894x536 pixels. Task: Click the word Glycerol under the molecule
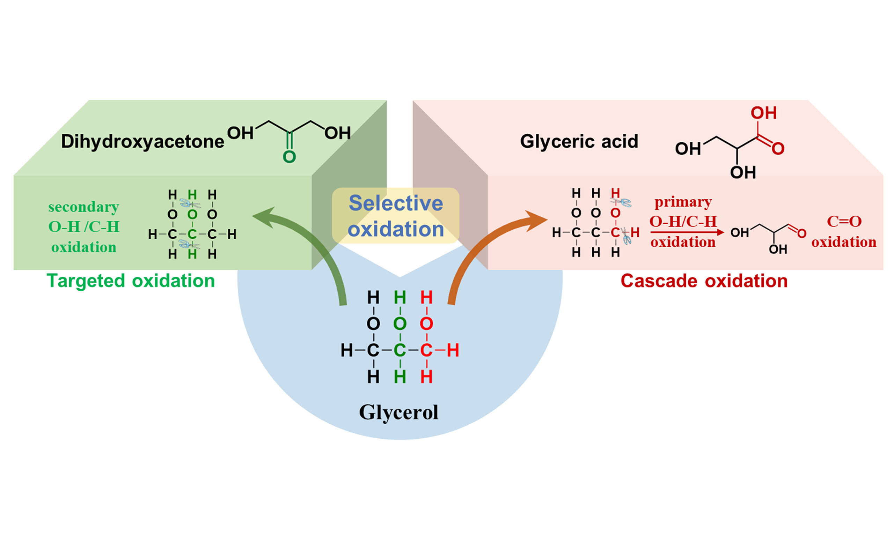click(398, 412)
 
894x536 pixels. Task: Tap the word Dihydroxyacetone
click(142, 141)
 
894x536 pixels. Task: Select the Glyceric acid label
click(579, 141)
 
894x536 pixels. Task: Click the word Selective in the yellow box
click(396, 203)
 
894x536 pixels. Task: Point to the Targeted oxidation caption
click(131, 281)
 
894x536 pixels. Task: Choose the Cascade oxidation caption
click(704, 281)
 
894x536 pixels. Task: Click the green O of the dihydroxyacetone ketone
click(289, 157)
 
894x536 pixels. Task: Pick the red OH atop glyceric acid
click(763, 113)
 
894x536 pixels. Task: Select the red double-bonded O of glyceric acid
click(778, 148)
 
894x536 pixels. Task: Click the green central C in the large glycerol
click(400, 350)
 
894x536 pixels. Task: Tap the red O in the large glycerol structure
click(426, 323)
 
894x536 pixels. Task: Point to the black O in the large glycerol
click(373, 323)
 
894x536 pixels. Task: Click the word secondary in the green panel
click(83, 207)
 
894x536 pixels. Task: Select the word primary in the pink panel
click(683, 202)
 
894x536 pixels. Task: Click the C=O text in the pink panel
click(844, 221)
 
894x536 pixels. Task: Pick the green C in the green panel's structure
click(192, 234)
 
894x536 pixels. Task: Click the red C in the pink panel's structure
click(615, 233)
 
